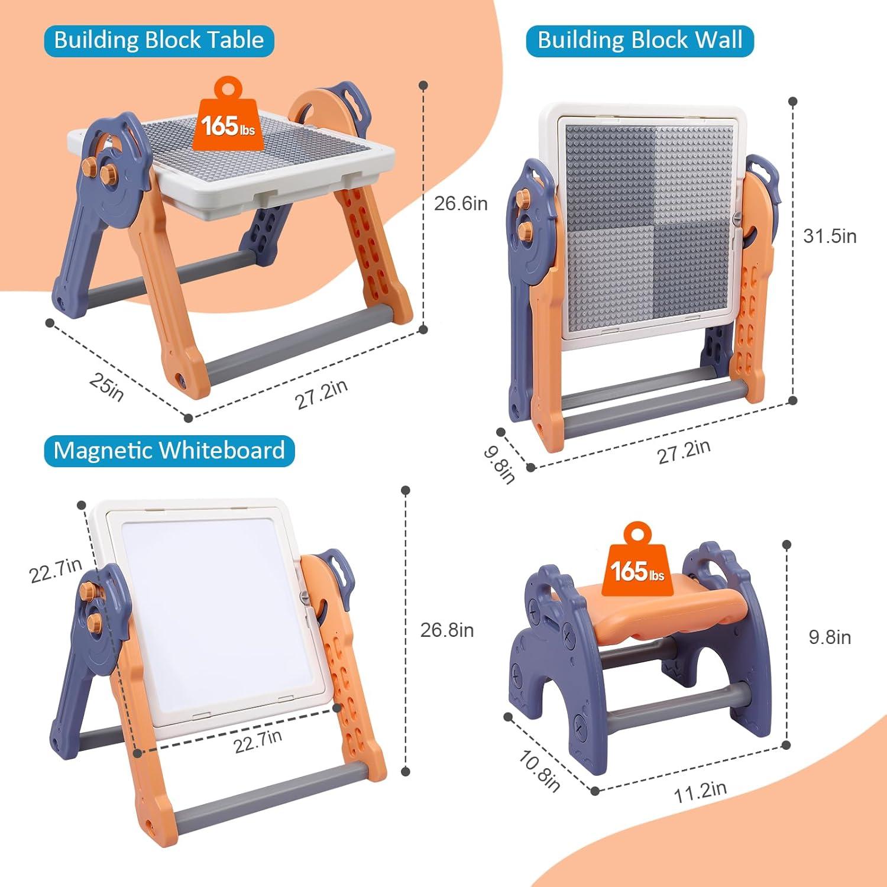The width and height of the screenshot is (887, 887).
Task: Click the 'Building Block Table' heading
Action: pos(158,40)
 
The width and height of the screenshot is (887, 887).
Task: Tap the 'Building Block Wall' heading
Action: pos(640,40)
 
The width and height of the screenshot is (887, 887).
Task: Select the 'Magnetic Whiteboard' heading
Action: pos(169,451)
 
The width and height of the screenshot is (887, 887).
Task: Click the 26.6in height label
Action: pos(461,203)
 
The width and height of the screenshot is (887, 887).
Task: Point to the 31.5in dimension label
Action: pos(830,236)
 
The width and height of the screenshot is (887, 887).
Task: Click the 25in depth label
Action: pos(106,387)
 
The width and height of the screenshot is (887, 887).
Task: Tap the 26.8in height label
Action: pos(447,630)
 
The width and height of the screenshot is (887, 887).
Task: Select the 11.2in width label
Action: pos(701,791)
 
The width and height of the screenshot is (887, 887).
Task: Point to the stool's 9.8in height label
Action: pos(830,637)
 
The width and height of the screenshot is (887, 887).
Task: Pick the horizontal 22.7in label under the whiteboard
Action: pos(258,741)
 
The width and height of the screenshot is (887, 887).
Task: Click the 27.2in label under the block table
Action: pos(321,394)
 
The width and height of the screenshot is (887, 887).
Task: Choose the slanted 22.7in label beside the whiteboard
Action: pos(56,571)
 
